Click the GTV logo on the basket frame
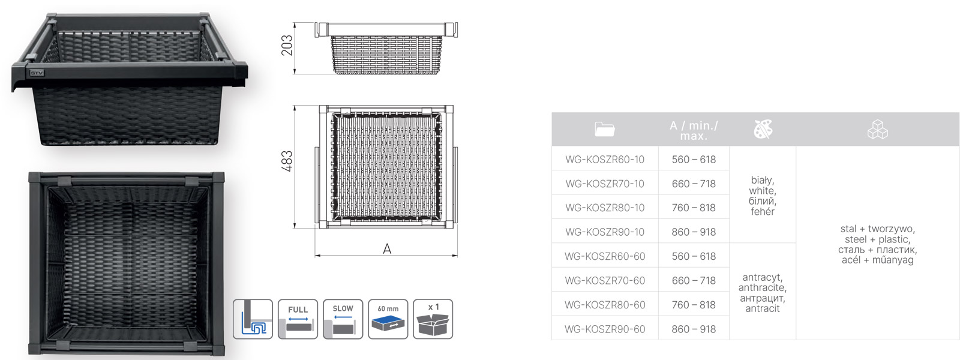point(37,73)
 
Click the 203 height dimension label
point(287,46)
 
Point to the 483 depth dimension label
point(287,161)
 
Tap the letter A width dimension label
point(387,248)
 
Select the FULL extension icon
point(298,319)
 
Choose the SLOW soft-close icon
point(343,319)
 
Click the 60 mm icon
point(388,319)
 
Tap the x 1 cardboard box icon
point(433,319)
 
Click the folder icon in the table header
point(605,129)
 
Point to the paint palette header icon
point(763,129)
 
